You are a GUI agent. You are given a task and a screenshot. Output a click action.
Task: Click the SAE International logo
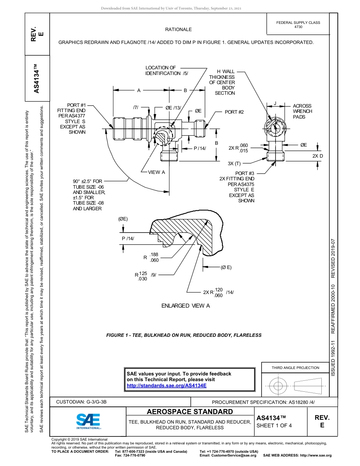click(x=88, y=421)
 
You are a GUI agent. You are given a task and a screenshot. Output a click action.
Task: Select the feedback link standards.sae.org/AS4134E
click(x=166, y=385)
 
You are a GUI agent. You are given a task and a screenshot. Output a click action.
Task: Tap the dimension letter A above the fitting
click(x=139, y=90)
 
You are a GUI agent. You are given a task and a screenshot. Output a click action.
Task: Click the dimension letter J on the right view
click(x=275, y=103)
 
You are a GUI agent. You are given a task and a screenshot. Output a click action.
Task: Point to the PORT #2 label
click(x=234, y=112)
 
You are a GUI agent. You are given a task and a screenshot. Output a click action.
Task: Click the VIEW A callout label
click(x=156, y=172)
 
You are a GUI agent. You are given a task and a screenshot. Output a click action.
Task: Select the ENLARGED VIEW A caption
click(x=185, y=306)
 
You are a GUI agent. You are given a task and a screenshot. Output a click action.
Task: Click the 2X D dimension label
click(x=318, y=156)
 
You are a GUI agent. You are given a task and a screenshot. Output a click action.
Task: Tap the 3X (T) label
click(x=234, y=164)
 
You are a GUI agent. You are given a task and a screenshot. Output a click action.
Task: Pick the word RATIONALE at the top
click(x=178, y=30)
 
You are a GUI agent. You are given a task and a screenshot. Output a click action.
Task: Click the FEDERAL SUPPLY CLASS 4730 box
click(x=298, y=25)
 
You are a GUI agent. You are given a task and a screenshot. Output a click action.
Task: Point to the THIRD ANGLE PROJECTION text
click(x=295, y=367)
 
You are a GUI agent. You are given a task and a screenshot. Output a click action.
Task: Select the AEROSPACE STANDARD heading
click(x=190, y=412)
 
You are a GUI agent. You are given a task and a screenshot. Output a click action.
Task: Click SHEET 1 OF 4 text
click(x=274, y=425)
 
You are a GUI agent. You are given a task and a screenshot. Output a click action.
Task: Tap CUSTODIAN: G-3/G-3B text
click(x=81, y=402)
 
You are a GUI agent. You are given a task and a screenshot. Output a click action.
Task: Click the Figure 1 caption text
click(x=184, y=335)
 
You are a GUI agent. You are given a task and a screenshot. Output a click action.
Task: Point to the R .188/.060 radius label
click(x=151, y=257)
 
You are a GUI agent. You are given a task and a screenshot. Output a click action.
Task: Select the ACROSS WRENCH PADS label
click(x=302, y=111)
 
